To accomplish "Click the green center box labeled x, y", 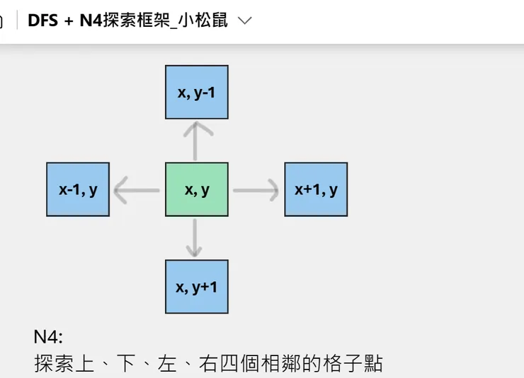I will point(196,189).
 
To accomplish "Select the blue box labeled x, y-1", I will point(196,92).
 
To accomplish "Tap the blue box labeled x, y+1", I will point(196,286).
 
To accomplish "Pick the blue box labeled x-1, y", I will point(78,189).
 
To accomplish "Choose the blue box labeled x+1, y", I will point(316,189).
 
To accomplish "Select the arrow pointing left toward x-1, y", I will point(137,190).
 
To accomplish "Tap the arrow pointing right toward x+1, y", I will point(256,190).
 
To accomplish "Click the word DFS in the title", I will point(42,20).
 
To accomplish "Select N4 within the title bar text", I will point(90,20).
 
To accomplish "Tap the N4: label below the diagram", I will point(49,336).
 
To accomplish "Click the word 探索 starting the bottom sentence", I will point(52,364).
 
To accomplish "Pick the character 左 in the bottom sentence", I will point(168,364).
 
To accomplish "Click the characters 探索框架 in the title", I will point(137,20).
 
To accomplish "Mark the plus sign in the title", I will point(69,20).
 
